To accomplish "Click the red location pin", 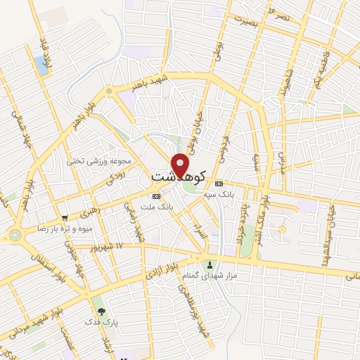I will coord(181,165).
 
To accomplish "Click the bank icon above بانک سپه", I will coord(219,183).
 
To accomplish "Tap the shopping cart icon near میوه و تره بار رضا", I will coord(65,218).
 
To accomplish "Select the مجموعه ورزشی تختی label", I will coord(95,160).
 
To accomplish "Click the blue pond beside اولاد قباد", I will coord(41,65).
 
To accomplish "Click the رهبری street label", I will coord(91,211).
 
